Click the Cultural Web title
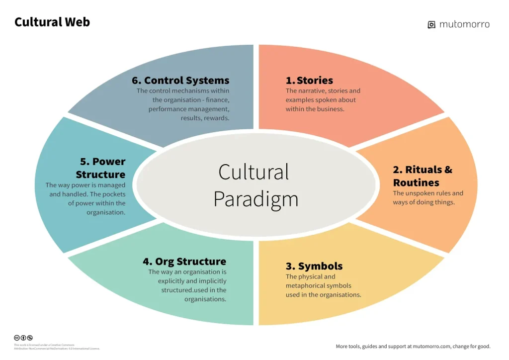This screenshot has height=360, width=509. click(52, 22)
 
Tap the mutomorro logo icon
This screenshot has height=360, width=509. click(431, 24)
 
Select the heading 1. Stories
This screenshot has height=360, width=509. click(309, 80)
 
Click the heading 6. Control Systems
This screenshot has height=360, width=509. click(180, 80)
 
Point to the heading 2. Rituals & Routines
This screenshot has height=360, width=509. click(423, 176)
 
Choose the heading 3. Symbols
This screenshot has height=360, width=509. click(314, 266)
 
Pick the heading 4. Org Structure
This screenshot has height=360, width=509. click(184, 262)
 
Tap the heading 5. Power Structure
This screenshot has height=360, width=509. click(101, 168)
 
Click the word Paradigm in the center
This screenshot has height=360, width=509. click(255, 199)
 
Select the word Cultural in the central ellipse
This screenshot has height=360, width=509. click(254, 172)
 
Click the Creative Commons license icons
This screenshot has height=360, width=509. click(23, 338)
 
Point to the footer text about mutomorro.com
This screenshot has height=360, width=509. click(413, 346)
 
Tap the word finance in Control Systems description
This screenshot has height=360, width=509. click(219, 100)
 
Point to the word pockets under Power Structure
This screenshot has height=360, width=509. click(112, 194)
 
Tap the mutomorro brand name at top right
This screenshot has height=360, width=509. click(464, 24)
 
